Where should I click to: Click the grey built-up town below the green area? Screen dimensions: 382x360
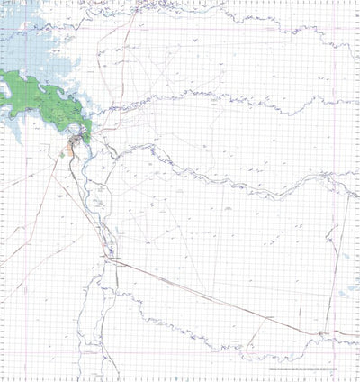[78, 140]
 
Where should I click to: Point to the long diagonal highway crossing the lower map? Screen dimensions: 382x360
[216, 296]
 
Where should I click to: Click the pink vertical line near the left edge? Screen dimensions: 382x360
[7, 225]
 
